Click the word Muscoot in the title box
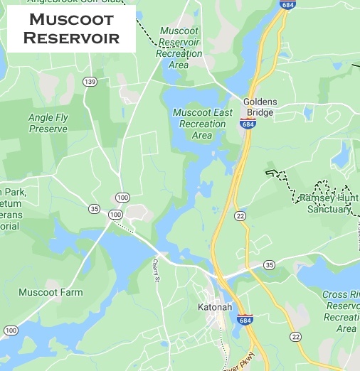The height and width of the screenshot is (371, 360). [x=71, y=20]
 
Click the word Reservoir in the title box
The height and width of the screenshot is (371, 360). [x=71, y=38]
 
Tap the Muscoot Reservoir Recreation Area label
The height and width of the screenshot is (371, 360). [x=179, y=48]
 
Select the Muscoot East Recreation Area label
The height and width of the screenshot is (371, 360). [x=202, y=124]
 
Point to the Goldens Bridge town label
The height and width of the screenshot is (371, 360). [x=260, y=107]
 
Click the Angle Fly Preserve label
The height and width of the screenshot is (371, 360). [x=48, y=123]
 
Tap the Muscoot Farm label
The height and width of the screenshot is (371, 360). [x=51, y=292]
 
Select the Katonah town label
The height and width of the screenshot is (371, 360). [x=215, y=308]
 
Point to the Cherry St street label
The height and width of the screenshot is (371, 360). [x=156, y=269]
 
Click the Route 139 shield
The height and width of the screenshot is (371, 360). [x=90, y=82]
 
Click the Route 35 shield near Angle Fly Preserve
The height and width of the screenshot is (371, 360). [x=94, y=209]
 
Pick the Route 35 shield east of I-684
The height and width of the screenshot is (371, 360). [x=269, y=265]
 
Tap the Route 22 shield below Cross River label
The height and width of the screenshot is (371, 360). [x=295, y=336]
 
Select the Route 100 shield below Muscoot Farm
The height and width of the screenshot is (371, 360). [x=10, y=330]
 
